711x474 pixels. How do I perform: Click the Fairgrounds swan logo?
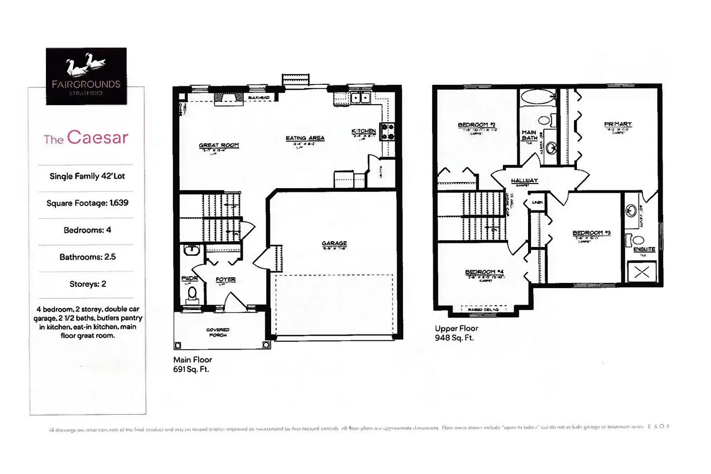(x=86, y=66)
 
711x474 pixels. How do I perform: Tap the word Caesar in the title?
(x=98, y=137)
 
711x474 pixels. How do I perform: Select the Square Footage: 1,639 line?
(x=87, y=203)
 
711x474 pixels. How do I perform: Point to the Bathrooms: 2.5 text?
(x=87, y=257)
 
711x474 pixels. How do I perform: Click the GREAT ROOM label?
(x=219, y=145)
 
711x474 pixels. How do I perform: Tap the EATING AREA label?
(x=305, y=138)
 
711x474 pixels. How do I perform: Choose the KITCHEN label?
(x=364, y=131)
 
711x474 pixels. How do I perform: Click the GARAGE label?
(x=334, y=243)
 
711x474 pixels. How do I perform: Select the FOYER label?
(x=226, y=279)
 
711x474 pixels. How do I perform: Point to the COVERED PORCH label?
(x=218, y=332)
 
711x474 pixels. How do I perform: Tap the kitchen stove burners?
(x=388, y=131)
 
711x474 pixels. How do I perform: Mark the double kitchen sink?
(x=360, y=98)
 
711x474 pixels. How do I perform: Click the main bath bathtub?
(x=538, y=97)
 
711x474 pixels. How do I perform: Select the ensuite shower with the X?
(x=642, y=272)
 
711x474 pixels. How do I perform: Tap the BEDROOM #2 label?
(x=476, y=125)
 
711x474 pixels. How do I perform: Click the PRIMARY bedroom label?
(x=618, y=124)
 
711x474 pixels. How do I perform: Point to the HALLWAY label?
(x=524, y=181)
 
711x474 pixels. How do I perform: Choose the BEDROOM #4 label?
(x=484, y=272)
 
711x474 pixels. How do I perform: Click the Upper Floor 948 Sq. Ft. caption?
(x=456, y=333)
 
